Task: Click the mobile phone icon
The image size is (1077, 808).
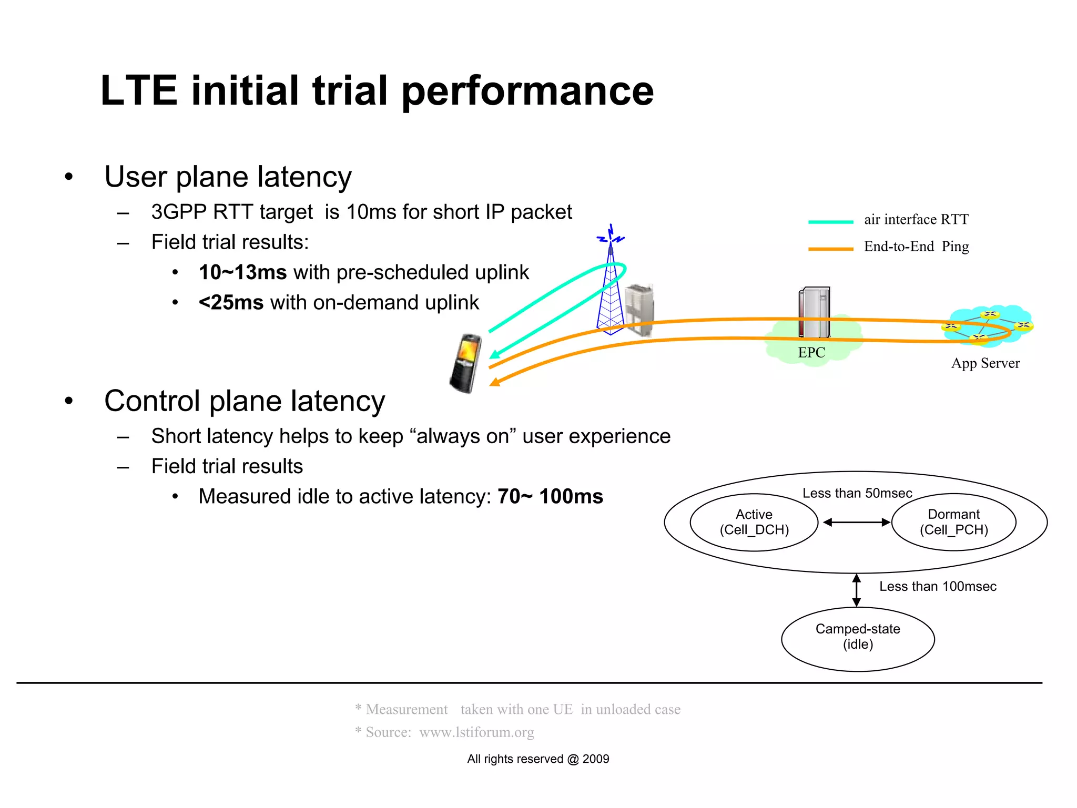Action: pos(466,363)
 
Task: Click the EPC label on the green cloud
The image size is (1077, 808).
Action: pos(811,353)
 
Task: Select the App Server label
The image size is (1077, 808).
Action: pos(985,363)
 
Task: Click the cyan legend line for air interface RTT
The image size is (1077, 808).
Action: pos(830,222)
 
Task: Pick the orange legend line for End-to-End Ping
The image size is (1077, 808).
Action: pos(830,249)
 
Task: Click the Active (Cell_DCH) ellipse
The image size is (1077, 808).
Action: pos(754,522)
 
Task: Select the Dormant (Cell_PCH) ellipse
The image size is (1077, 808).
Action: pos(953,522)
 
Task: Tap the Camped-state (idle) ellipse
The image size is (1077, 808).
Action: pos(858,639)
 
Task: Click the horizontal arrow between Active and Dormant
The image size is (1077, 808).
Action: pos(856,523)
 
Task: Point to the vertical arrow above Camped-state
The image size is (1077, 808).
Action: pos(857,590)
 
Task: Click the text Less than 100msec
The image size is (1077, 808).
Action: pos(938,587)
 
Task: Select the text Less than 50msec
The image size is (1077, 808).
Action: pos(857,493)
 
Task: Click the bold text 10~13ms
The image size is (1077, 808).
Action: pos(242,272)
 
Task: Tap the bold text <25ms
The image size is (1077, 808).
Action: pos(231,303)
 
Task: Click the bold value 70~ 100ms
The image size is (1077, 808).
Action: pos(550,496)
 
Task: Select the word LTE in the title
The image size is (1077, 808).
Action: pos(138,90)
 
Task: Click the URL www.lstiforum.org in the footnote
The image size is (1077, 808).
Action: pos(476,732)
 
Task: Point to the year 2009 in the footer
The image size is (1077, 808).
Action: pos(596,759)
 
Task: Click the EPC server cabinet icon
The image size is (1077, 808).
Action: pos(814,313)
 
